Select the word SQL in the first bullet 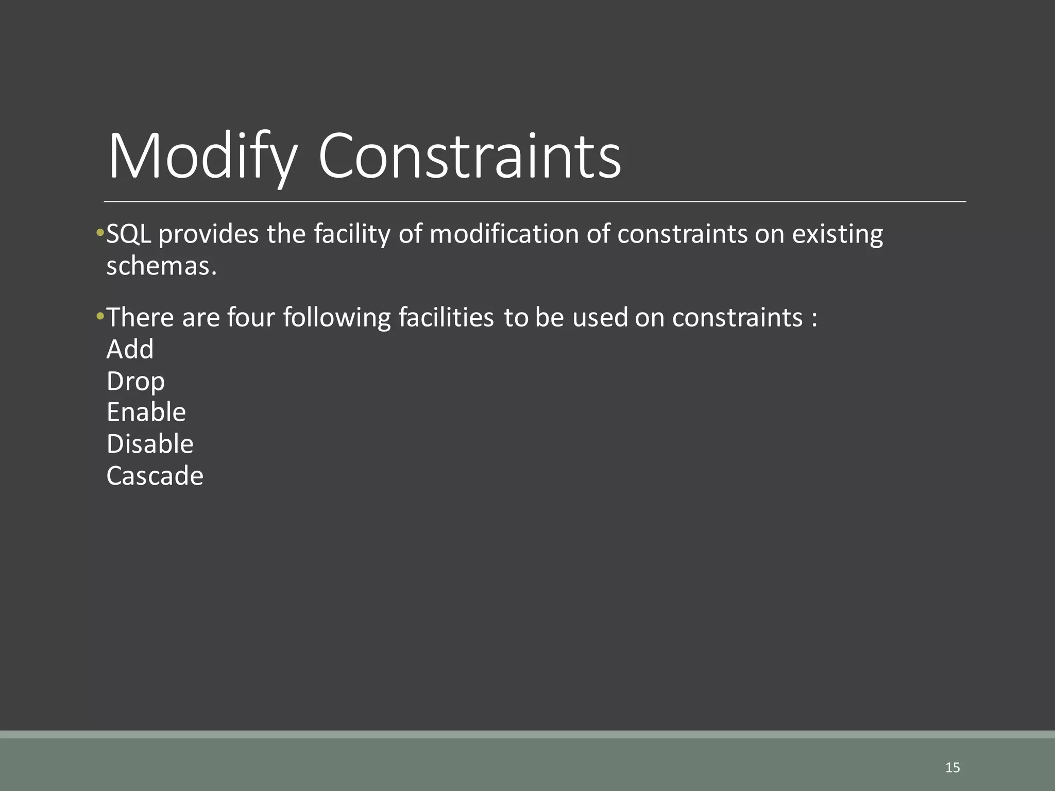[x=128, y=234]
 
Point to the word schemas [x=161, y=266]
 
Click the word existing [x=837, y=234]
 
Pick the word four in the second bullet [x=251, y=317]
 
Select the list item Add [x=130, y=349]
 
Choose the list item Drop [x=135, y=382]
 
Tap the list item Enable [x=146, y=412]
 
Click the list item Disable [x=150, y=444]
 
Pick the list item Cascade [x=155, y=476]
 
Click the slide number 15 [x=952, y=768]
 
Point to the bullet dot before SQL [x=100, y=233]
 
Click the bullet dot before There [x=100, y=316]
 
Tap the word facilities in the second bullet [x=446, y=317]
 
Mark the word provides [x=209, y=234]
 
